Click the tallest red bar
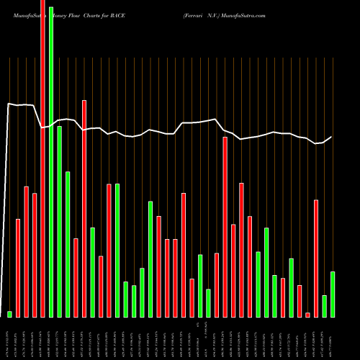pyautogui.click(x=42, y=158)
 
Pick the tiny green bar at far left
pyautogui.click(x=10, y=314)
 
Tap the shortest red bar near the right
pyautogui.click(x=307, y=315)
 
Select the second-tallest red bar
pyautogui.click(x=84, y=208)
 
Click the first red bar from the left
pyautogui.click(x=18, y=267)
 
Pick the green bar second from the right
pyautogui.click(x=324, y=306)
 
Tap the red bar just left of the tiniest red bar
pyautogui.click(x=300, y=301)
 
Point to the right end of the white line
pyautogui.click(x=332, y=137)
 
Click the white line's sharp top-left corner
pyautogui.click(x=8, y=104)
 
